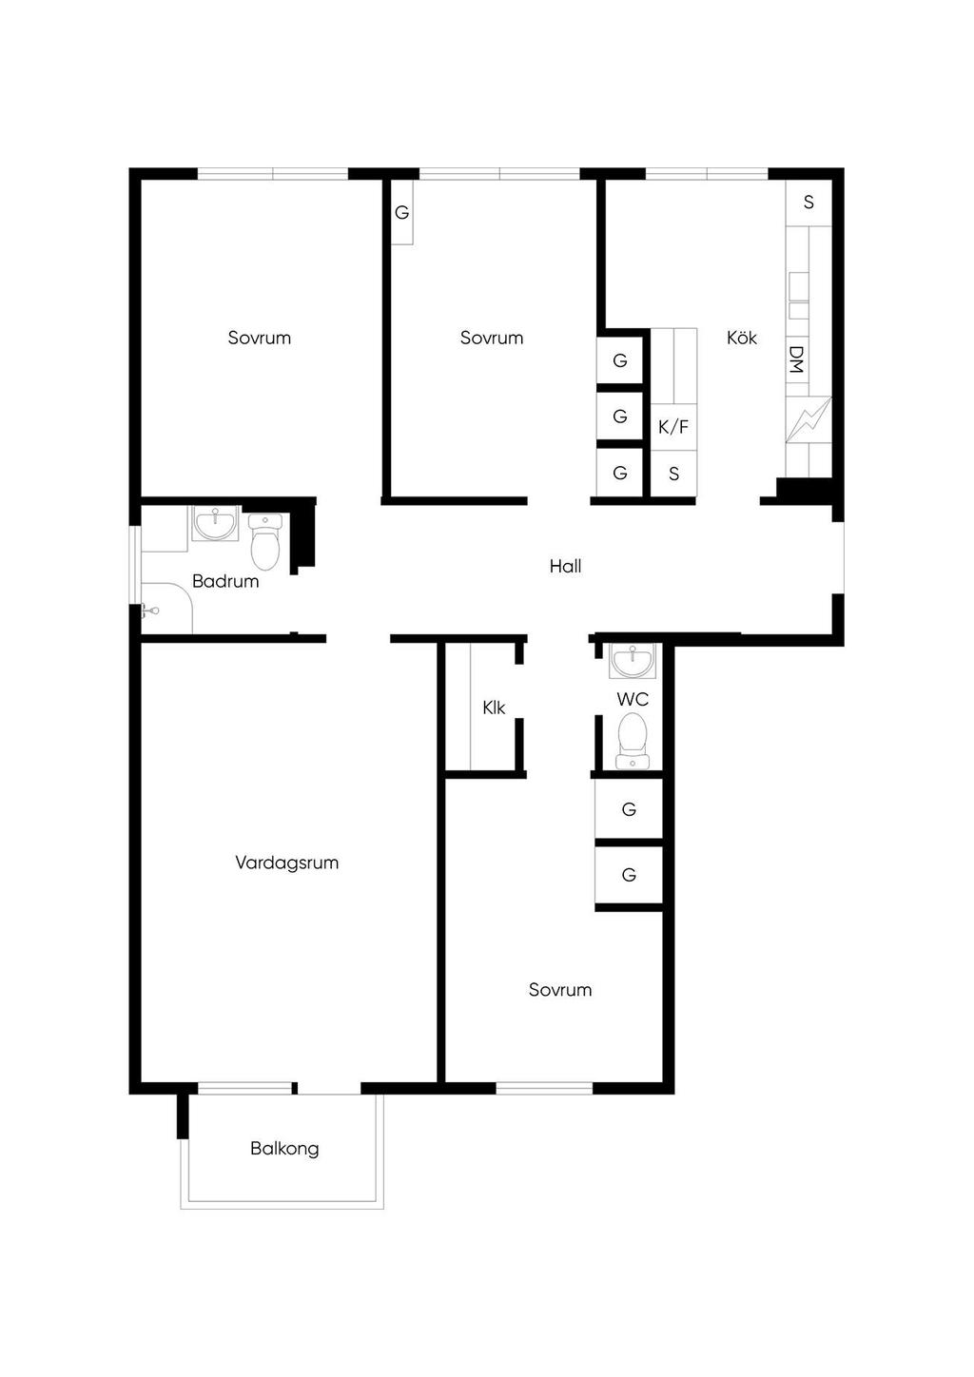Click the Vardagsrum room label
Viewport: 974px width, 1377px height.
(286, 863)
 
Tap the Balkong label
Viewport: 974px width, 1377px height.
(284, 1149)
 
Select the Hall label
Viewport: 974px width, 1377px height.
(566, 566)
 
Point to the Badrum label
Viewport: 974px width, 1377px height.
(225, 581)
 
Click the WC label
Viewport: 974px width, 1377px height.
(633, 699)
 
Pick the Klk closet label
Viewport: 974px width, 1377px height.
(494, 708)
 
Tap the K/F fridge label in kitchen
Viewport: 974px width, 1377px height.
(673, 427)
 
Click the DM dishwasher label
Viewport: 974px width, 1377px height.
(796, 359)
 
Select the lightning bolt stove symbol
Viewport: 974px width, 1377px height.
(808, 419)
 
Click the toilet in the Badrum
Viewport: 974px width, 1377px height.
(265, 541)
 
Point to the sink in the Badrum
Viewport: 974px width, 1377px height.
(215, 523)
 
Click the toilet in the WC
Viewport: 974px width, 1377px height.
(633, 742)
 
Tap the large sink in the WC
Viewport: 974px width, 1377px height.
(633, 661)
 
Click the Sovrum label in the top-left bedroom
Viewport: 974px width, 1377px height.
(260, 338)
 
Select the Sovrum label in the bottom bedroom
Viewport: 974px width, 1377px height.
(560, 990)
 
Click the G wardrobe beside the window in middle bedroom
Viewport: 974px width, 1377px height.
(401, 213)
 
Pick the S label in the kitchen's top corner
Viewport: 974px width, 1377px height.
(808, 202)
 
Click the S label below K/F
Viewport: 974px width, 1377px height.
(674, 474)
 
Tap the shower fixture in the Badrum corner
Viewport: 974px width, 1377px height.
(149, 610)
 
